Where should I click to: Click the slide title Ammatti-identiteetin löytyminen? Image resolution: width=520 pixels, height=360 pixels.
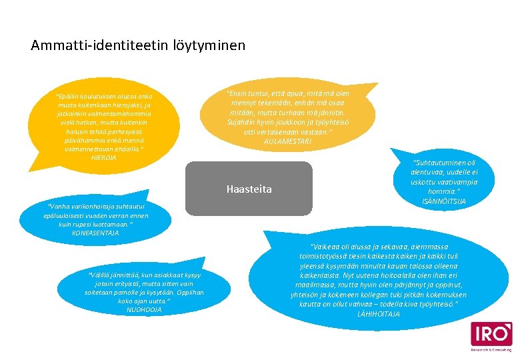click(138, 46)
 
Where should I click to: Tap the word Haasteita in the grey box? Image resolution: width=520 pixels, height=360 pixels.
click(249, 189)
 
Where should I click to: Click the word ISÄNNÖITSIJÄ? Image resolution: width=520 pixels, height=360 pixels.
click(445, 201)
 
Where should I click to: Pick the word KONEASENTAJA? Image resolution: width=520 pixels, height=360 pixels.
click(95, 233)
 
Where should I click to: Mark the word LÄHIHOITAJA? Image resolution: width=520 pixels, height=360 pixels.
click(379, 313)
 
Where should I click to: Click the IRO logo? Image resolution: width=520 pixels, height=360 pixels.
click(491, 335)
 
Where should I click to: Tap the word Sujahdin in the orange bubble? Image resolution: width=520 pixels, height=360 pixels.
click(241, 123)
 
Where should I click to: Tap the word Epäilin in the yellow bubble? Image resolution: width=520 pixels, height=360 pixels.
click(70, 97)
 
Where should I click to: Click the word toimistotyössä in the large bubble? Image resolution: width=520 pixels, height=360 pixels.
click(317, 256)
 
